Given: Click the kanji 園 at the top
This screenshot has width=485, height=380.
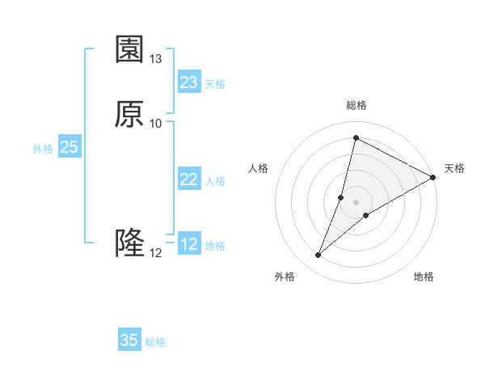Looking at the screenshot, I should (x=129, y=49).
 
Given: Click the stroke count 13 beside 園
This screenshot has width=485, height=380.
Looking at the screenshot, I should (x=156, y=59).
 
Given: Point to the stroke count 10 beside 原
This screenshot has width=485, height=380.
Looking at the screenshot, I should (x=156, y=123).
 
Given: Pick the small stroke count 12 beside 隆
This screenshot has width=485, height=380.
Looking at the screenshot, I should (x=156, y=252).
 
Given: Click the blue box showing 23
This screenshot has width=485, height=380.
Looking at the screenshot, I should (x=189, y=82).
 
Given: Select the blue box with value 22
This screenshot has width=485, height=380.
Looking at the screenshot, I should (x=189, y=179).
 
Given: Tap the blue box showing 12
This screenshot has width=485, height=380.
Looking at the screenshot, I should (x=189, y=244).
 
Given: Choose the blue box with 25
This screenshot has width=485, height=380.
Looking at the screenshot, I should (x=70, y=147).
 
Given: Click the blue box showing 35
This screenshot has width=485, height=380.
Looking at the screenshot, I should (x=129, y=340).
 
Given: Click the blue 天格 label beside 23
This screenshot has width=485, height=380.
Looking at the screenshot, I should (x=215, y=84).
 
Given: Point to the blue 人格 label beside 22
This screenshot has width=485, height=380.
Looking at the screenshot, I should (x=215, y=181).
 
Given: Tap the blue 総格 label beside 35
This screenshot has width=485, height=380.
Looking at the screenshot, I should (x=155, y=342).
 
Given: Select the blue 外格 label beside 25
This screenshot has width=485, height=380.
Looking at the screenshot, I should (x=43, y=149).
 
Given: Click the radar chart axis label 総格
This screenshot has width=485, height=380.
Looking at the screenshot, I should (x=356, y=105).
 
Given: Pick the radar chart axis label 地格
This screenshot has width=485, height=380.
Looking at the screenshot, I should (x=424, y=277).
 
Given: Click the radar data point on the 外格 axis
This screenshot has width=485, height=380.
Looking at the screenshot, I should (x=318, y=255).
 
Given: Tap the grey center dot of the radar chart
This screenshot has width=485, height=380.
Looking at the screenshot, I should (x=356, y=202).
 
